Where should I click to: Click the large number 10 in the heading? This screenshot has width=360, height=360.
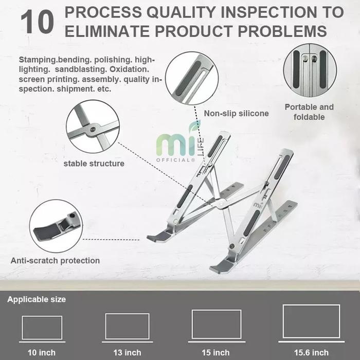(38, 22)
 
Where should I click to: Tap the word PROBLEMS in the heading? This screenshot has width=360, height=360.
(282, 31)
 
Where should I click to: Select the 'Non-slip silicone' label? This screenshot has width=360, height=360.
(236, 114)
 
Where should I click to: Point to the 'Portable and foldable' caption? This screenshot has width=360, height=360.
(309, 112)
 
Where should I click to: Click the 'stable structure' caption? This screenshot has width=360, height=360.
(94, 164)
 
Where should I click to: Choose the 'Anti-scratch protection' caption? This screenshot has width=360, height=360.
(55, 261)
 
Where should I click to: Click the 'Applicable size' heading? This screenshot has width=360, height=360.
(37, 299)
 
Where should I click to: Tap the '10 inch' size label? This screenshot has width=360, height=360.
(42, 352)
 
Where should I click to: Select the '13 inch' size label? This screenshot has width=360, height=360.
(127, 352)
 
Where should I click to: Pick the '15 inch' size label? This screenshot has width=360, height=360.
(215, 352)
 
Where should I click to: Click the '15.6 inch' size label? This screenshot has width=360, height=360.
(311, 352)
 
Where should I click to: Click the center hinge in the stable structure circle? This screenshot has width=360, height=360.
(93, 130)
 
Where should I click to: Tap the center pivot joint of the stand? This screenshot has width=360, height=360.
(221, 203)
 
